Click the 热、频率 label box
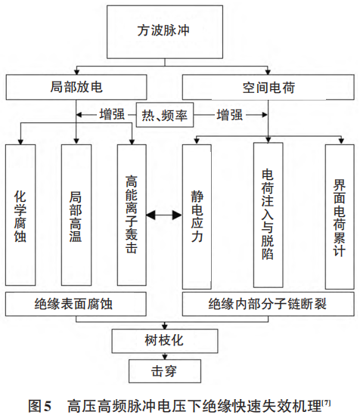pos(164,116)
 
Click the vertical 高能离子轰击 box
pos(132,215)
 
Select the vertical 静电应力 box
pos(198,215)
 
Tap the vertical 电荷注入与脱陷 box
pos(268,215)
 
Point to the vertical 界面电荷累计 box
pos(339,215)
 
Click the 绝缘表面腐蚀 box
pos(79,305)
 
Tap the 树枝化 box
pos(165,340)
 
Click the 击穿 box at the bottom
pos(165,373)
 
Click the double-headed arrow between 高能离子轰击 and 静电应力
pos(163,216)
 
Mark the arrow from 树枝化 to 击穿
pos(165,356)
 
